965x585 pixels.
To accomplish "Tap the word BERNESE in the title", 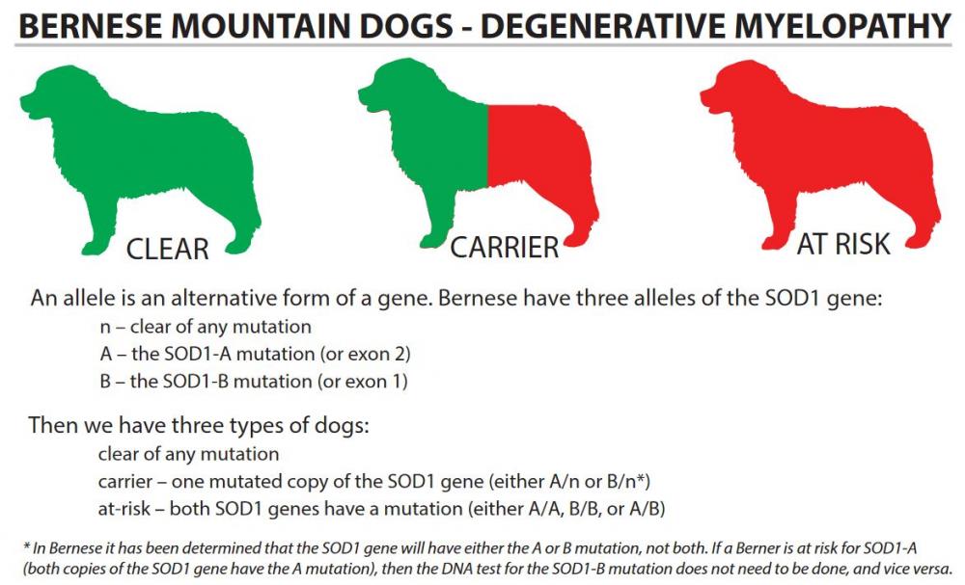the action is point(90,26).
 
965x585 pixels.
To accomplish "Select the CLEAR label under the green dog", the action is point(167,250).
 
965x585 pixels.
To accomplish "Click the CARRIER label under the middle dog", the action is point(504,248).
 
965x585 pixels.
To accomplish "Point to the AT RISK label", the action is point(843,244).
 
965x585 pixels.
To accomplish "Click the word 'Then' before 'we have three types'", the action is point(52,425).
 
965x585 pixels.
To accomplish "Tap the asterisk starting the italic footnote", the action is point(26,545).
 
